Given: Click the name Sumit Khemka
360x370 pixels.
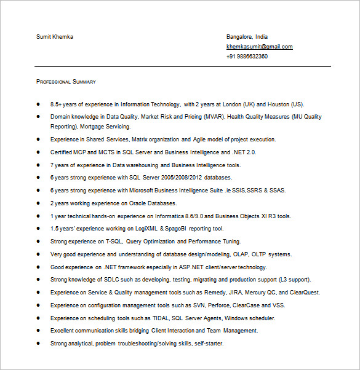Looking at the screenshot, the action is (54, 37).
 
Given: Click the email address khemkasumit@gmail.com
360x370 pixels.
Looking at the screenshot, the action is (259, 47).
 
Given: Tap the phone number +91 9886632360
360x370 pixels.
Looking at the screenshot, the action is (247, 57).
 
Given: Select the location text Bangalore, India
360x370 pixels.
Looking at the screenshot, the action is (247, 37).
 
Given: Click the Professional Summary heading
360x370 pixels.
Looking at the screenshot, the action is (66, 82).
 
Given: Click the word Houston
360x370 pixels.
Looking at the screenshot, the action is (278, 104).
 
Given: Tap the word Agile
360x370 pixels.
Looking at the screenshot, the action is (201, 140).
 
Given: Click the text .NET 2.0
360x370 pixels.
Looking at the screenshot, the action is (244, 152).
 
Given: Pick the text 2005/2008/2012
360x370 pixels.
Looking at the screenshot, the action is (174, 178).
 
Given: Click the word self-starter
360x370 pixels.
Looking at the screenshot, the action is (208, 344).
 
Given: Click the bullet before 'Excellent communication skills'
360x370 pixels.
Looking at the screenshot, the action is (38, 331).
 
